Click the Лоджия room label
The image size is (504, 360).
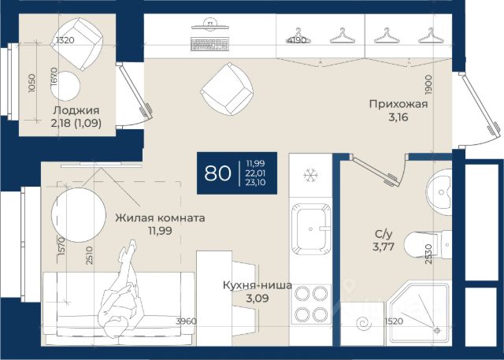click(76, 110)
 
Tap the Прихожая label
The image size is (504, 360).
click(398, 104)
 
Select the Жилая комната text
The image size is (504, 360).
click(160, 218)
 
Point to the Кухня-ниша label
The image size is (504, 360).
click(258, 285)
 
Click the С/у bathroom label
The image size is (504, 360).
click(384, 235)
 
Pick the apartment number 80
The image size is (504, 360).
click(217, 173)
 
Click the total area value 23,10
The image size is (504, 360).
click(255, 183)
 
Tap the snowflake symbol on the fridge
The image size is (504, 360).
click(310, 176)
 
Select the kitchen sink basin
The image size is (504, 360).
click(311, 229)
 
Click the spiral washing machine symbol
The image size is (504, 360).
click(365, 323)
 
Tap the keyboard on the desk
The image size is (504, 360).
click(210, 44)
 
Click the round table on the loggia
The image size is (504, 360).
click(65, 86)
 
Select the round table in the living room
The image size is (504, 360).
click(79, 215)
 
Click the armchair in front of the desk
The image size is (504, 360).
click(227, 89)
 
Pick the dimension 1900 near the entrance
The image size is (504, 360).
click(428, 84)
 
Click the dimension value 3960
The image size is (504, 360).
click(186, 321)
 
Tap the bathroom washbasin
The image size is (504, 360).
click(439, 192)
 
